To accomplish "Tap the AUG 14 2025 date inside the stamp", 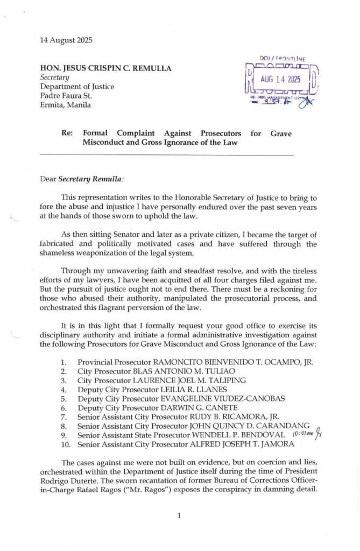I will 280,79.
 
